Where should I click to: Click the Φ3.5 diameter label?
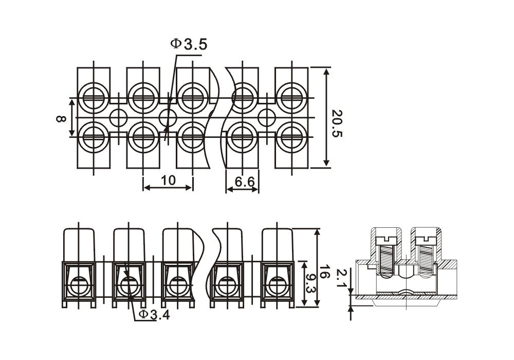coord(189,44)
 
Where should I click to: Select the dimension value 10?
coord(168,180)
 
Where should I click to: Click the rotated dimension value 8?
coord(61,118)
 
